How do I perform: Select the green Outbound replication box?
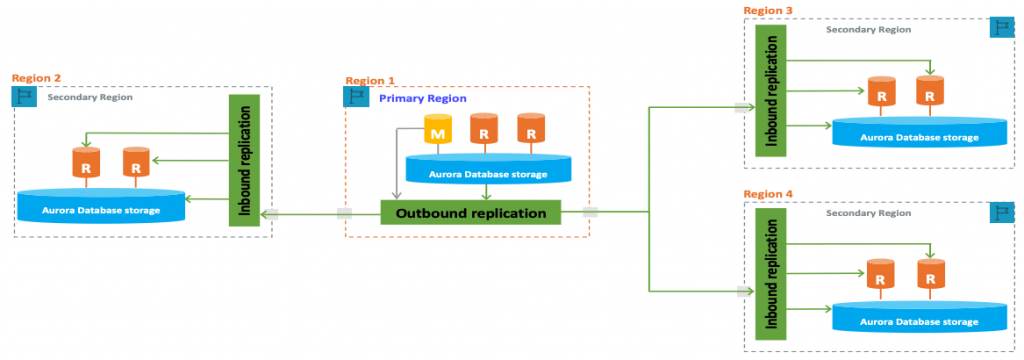pos(471,213)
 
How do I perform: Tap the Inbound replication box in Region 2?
pos(243,160)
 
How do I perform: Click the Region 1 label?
pos(370,80)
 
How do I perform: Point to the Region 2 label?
pos(37,77)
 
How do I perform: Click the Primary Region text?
pos(415,98)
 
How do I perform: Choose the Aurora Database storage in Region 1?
pos(487,172)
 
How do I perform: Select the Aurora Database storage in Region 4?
pos(919,319)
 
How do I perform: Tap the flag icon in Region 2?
pos(24,96)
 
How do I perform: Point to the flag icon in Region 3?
pos(1001,28)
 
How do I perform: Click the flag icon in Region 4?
pos(1001,212)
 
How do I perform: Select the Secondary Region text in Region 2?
pos(90,97)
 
